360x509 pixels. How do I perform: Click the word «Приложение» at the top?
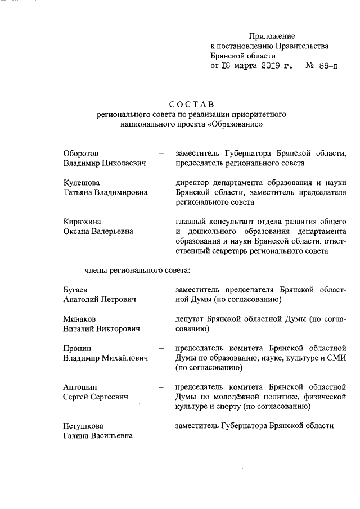coord(272,36)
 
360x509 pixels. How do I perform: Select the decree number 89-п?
coord(327,66)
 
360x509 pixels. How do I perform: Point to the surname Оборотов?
coord(81,153)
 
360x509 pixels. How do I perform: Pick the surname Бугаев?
coord(76,290)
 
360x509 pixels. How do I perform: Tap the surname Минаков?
coord(79,319)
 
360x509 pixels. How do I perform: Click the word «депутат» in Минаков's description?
coord(190,319)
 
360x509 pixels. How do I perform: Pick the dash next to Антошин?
coord(162,387)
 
